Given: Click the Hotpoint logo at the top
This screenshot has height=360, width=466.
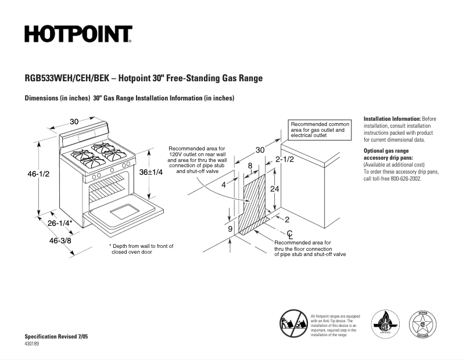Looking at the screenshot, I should (78, 34).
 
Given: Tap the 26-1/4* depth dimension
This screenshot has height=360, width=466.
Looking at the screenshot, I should (60, 223).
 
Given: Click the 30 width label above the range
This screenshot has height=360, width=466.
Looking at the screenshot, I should (74, 121).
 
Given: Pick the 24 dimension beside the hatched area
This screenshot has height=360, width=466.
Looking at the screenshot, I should (275, 189).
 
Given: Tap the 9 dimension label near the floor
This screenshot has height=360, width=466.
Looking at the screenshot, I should (230, 229).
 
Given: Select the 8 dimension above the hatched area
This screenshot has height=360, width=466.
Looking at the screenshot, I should (250, 165).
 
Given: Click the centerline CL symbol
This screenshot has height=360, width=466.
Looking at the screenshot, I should (289, 233).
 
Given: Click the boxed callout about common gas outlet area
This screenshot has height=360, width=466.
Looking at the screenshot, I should (320, 130).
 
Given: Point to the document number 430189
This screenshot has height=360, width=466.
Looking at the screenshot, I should (33, 344).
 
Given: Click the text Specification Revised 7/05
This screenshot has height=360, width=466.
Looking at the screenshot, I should (56, 337).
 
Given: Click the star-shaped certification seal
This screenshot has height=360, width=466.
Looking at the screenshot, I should (425, 323).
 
